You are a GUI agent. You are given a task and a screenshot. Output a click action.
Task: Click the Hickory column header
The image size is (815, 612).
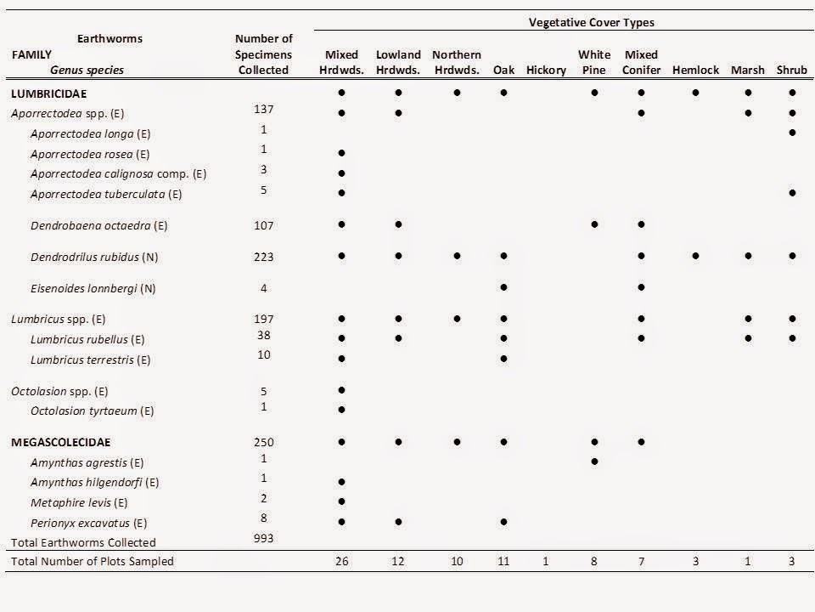coord(546,71)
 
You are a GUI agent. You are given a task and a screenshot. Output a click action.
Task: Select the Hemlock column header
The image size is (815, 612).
coord(695,71)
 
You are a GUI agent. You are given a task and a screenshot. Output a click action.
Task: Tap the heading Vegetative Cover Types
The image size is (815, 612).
coord(592,22)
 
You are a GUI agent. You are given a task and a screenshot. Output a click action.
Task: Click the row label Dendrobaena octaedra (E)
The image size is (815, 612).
coord(98,226)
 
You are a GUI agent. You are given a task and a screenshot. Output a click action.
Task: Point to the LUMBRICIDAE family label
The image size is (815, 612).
coord(49,93)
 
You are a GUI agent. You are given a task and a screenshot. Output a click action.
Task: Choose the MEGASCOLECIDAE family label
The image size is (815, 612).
coord(61,442)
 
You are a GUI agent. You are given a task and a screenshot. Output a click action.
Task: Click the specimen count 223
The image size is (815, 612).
coord(263,257)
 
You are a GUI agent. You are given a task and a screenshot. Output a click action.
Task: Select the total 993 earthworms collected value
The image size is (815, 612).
coord(263,538)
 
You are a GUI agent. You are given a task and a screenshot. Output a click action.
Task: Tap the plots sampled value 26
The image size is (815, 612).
coord(341,562)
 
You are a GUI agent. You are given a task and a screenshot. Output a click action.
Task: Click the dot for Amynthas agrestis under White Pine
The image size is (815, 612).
coord(594,462)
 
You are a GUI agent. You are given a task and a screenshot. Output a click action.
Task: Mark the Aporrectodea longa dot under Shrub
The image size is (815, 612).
coord(792,133)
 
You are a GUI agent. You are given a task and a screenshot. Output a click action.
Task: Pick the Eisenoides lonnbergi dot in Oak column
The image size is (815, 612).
coord(503,287)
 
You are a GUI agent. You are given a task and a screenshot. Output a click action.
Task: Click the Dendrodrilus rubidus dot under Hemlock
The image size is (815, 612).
coord(695,256)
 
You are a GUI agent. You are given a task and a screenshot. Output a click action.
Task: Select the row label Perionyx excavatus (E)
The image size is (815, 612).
coord(88,523)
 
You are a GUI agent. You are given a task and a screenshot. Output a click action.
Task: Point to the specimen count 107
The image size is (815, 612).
coord(263,226)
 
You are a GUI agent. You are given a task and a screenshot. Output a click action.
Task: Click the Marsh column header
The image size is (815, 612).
coord(747,71)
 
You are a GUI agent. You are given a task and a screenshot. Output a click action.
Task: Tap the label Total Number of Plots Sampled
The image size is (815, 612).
coord(93,562)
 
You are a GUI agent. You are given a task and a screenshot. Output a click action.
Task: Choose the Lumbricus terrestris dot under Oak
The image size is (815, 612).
coord(503,359)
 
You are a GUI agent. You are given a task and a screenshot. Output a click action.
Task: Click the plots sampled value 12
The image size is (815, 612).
coord(397,562)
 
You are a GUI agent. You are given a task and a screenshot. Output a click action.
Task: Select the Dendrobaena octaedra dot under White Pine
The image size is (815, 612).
coord(594,224)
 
